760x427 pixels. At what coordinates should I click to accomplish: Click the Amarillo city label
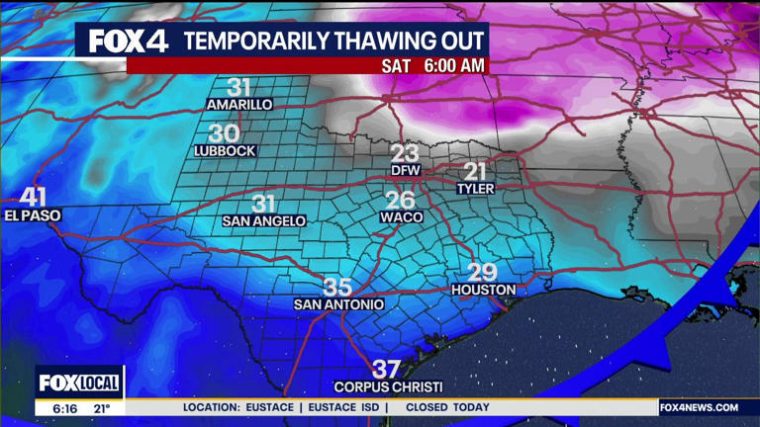239,105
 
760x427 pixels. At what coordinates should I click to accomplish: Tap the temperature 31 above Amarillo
239,88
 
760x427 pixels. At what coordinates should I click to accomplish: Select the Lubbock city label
226,151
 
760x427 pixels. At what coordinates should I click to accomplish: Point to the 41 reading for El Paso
33,198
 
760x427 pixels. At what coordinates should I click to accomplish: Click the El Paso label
33,214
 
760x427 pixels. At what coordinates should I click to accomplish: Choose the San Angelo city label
264,221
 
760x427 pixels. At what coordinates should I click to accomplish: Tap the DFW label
406,170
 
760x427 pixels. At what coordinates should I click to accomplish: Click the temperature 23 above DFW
405,153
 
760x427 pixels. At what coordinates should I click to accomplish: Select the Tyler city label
475,188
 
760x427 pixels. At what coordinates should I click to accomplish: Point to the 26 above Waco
400,200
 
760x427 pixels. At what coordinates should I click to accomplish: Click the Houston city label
484,290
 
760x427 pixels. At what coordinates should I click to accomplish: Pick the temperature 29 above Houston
482,273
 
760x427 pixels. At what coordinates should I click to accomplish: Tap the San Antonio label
338,304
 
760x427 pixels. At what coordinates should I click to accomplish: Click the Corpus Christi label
388,386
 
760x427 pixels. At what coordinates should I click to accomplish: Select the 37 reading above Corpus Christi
387,370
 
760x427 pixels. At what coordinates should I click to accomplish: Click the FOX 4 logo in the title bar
129,41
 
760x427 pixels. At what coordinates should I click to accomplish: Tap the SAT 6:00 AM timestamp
434,65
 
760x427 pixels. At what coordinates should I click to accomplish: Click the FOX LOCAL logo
79,384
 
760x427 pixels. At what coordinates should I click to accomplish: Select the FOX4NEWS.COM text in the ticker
700,407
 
